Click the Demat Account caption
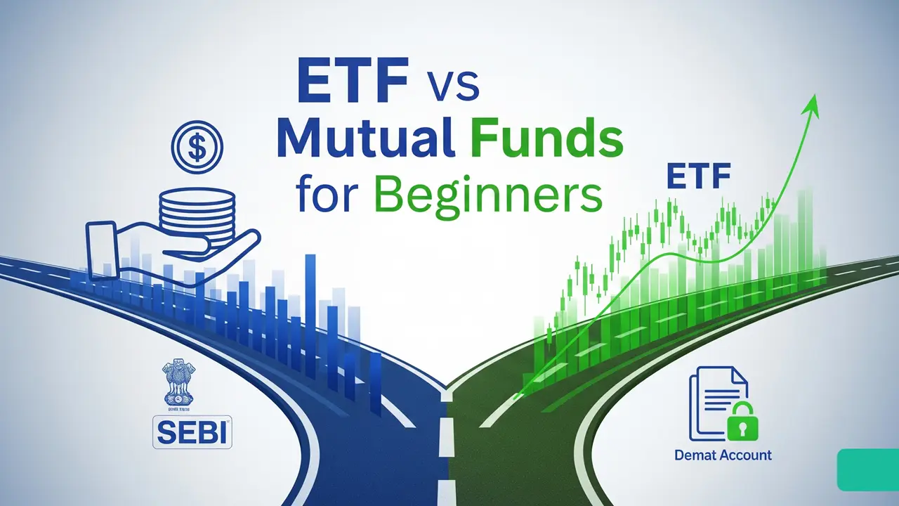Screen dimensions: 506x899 coord(723,455)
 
